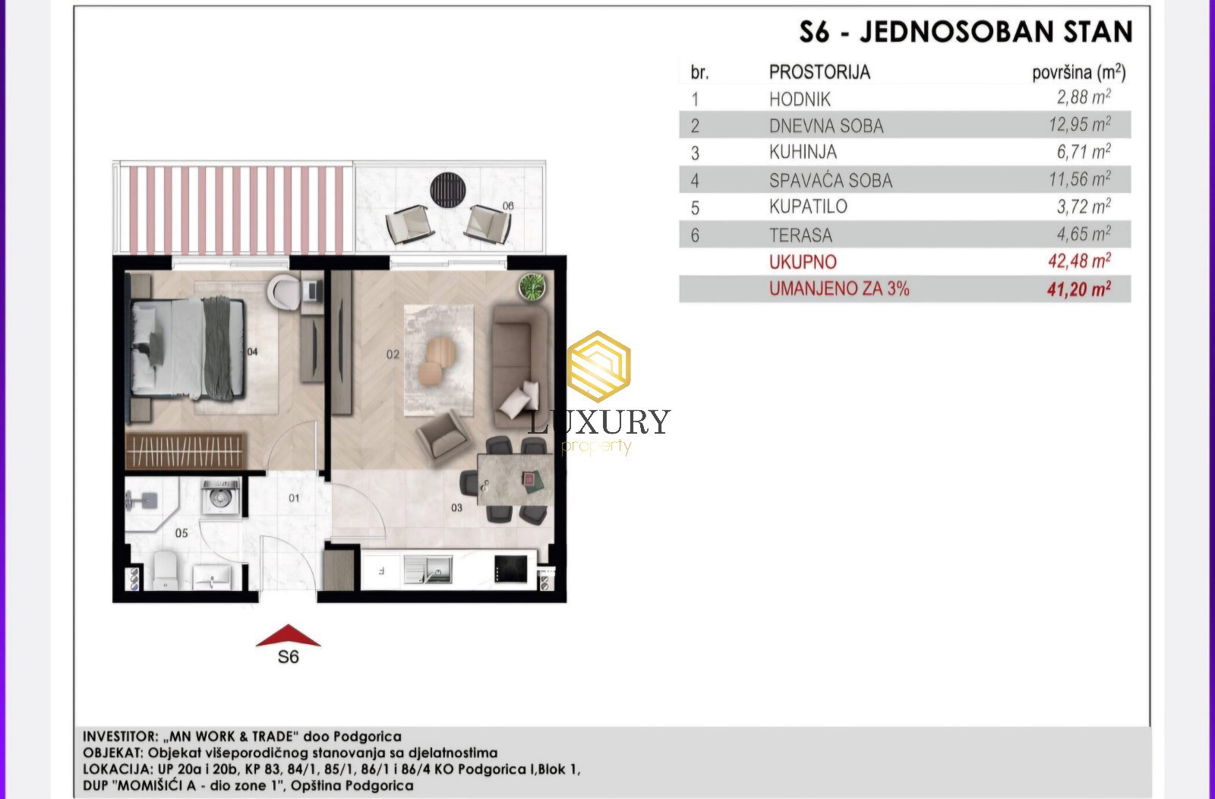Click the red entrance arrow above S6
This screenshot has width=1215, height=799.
tap(288, 636)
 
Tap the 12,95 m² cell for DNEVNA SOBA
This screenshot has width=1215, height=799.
tap(1079, 125)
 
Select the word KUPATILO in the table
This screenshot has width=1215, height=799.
tap(808, 207)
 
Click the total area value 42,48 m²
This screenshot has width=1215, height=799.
tap(1079, 261)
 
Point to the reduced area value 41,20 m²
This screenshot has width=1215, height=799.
tap(1079, 289)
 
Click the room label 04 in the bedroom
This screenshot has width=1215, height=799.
tap(252, 352)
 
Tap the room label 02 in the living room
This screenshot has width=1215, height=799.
tap(393, 354)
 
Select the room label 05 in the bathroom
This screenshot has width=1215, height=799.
tap(181, 533)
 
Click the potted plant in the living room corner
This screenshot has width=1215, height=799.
tap(532, 286)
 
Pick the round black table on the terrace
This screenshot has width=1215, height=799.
tap(447, 190)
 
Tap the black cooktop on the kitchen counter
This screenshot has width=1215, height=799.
tap(510, 569)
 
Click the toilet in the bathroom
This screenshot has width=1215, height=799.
tap(166, 570)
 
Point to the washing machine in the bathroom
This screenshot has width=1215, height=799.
tap(220, 496)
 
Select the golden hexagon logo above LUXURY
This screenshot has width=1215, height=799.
tap(598, 366)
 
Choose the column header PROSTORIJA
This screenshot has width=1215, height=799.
tap(819, 72)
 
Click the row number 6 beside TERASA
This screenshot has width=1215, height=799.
tap(695, 235)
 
